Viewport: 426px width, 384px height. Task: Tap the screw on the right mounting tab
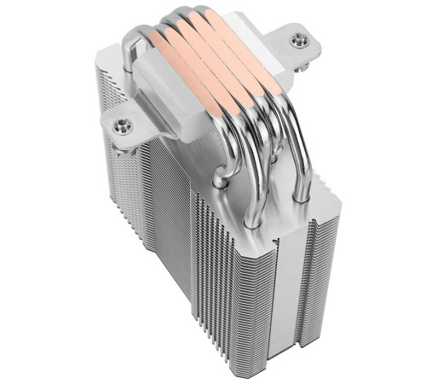(296, 39)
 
